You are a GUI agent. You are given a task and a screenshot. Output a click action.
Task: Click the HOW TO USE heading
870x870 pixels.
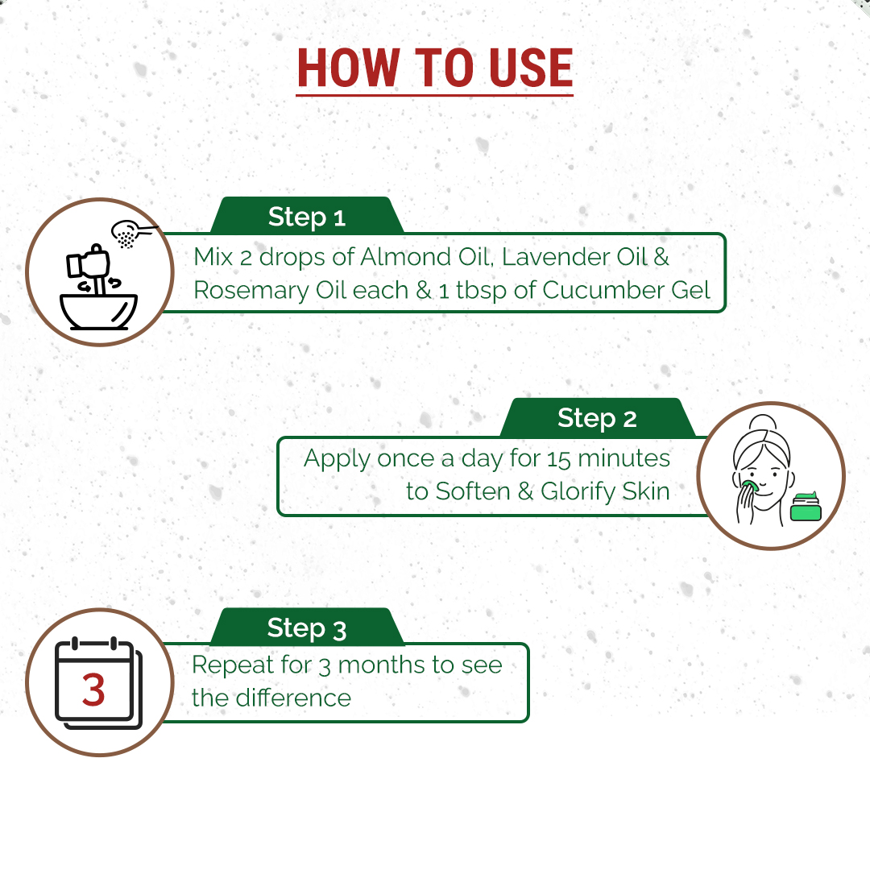tap(434, 68)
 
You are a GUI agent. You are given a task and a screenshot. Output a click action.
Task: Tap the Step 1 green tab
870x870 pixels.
tap(307, 216)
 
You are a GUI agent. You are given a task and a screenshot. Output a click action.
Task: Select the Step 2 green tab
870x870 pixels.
tap(597, 417)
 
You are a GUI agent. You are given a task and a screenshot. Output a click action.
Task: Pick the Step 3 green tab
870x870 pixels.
tap(307, 627)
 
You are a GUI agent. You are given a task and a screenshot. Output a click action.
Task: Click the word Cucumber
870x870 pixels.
tap(603, 290)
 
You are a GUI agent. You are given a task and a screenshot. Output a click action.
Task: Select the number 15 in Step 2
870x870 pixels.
tap(559, 459)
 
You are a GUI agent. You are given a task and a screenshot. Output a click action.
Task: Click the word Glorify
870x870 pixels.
tap(578, 492)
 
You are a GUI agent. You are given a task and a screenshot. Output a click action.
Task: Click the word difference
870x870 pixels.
tap(293, 698)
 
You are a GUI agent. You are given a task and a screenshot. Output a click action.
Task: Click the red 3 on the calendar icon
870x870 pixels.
tap(93, 690)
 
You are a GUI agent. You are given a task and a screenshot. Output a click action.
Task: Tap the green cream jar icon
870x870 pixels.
tap(806, 507)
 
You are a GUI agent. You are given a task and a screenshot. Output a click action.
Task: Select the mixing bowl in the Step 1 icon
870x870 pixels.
tap(99, 312)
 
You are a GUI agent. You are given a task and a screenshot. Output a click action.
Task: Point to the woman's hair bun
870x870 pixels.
tap(764, 423)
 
